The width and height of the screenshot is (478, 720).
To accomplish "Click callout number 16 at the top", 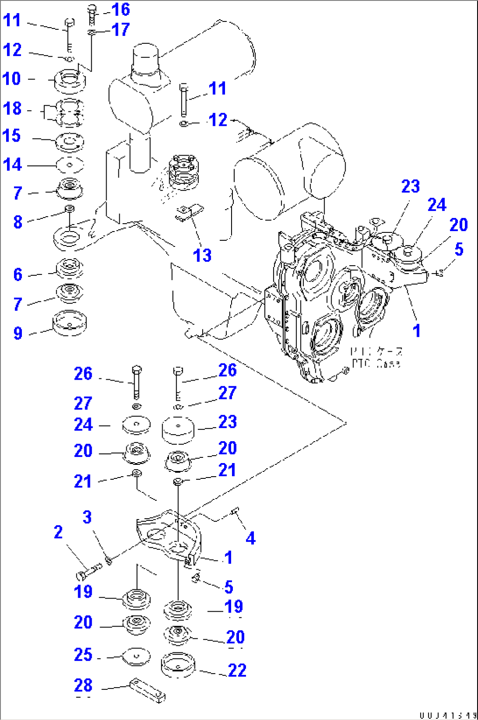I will click(x=121, y=10).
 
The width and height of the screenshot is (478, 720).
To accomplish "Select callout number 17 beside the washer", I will click(x=121, y=30).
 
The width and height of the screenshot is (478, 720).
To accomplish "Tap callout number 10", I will click(x=12, y=79).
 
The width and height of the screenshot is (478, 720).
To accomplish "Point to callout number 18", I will click(x=12, y=108).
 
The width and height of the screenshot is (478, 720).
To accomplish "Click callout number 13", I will click(x=202, y=256).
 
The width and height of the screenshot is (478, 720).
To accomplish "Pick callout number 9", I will click(x=18, y=333).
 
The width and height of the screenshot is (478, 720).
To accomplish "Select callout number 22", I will click(x=237, y=670).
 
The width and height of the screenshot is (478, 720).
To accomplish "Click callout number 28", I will click(x=83, y=685).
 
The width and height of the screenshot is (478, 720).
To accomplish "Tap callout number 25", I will click(x=83, y=655).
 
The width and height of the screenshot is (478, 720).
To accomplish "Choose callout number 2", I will click(x=58, y=532).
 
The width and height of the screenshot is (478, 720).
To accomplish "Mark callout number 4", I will click(x=250, y=538).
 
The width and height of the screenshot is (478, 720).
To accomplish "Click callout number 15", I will click(x=12, y=136).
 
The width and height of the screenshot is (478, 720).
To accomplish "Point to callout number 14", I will click(x=12, y=165).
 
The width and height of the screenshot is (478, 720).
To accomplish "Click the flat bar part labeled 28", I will click(x=147, y=691).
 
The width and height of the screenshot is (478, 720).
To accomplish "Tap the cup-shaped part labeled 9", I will click(x=69, y=323).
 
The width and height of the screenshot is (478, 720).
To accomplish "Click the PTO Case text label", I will click(x=376, y=357).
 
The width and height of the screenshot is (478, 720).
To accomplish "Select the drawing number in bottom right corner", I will click(x=447, y=716).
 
